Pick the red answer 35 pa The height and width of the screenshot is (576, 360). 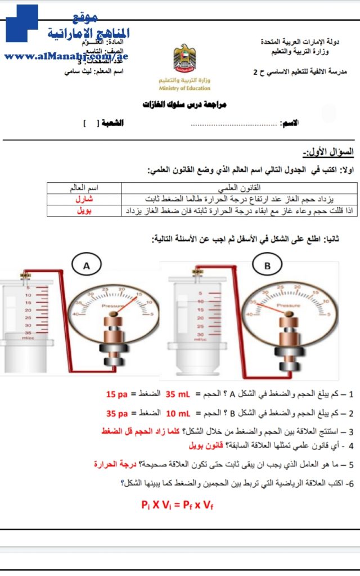(117, 413)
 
